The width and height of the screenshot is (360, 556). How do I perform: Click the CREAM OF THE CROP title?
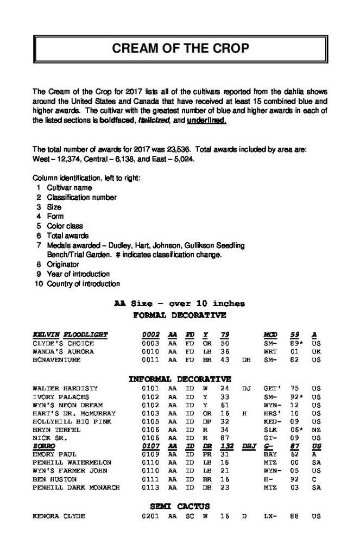[180, 48]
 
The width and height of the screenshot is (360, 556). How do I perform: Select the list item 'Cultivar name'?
[69, 187]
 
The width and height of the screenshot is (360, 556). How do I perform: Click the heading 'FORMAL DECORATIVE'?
[179, 315]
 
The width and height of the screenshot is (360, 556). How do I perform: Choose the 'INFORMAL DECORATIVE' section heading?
[179, 378]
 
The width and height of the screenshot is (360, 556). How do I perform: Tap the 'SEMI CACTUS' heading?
[179, 507]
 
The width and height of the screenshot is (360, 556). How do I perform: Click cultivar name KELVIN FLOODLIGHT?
[70, 334]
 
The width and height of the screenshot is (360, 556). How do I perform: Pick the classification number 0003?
[150, 343]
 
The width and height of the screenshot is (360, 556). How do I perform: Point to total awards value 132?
[225, 445]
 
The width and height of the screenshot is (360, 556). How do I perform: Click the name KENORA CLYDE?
[59, 516]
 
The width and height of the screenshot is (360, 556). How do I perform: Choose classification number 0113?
[150, 488]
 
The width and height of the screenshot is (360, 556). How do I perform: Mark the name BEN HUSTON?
[55, 479]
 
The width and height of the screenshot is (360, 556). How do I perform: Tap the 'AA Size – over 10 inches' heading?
[179, 304]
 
